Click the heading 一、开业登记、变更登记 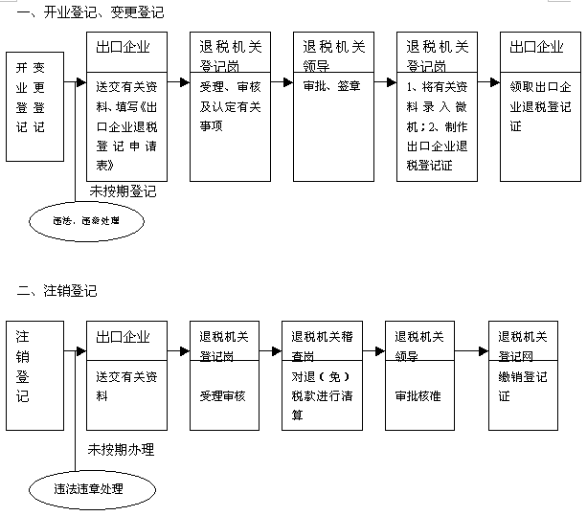[x=84, y=12]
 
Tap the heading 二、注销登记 [x=56, y=289]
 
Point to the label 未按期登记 [x=123, y=191]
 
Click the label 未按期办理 [x=121, y=449]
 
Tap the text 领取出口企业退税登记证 [x=539, y=105]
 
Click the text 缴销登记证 [x=521, y=386]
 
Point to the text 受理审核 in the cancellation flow [x=222, y=394]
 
